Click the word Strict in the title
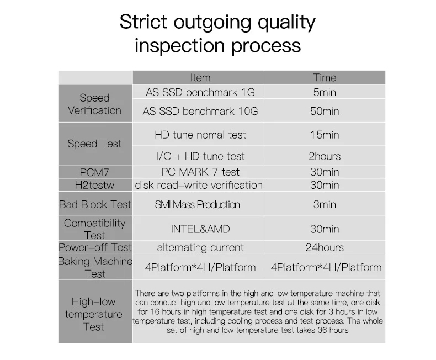tap(143, 22)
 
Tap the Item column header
tap(200, 78)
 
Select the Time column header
tap(325, 78)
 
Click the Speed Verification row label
tap(94, 104)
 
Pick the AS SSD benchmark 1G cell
tap(200, 92)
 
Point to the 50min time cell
tap(325, 112)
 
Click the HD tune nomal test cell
tap(200, 135)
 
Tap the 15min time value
tap(325, 135)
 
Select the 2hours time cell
tap(325, 156)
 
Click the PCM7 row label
tap(94, 172)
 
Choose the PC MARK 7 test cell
tap(200, 172)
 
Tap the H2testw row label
tap(94, 186)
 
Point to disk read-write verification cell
tap(199, 186)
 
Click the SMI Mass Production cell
tap(197, 205)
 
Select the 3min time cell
tap(325, 205)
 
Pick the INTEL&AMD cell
tap(200, 229)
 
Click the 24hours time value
tap(325, 247)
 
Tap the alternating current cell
tap(200, 247)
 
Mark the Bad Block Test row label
tap(95, 205)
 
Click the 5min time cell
tap(325, 92)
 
